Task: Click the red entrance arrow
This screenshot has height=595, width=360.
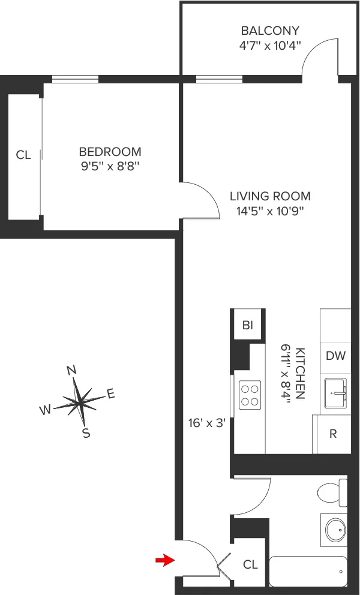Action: [x=163, y=560]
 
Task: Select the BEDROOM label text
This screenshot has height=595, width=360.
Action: [x=110, y=152]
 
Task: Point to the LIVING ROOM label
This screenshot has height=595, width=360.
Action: [x=271, y=196]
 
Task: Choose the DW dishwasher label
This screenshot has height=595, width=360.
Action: [x=335, y=356]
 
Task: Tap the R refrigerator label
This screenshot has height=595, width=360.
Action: [x=334, y=433]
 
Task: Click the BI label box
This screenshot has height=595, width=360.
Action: [x=248, y=326]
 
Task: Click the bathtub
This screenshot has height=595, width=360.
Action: [x=308, y=571]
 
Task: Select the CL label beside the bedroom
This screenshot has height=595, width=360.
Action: [x=23, y=155]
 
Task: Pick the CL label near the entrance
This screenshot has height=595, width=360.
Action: [x=250, y=565]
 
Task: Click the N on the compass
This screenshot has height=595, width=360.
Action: [x=72, y=370]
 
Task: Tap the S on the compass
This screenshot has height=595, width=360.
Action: [x=86, y=433]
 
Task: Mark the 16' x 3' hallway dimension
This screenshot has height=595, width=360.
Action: [x=206, y=423]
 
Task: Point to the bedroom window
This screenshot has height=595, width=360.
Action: [x=75, y=79]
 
